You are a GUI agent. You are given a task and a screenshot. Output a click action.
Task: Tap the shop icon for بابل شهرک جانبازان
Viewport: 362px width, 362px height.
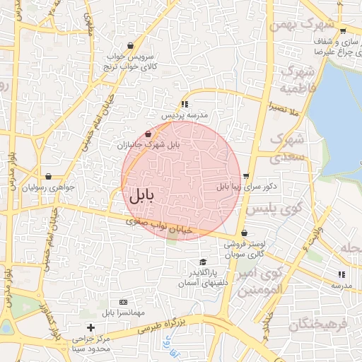(x=148, y=134)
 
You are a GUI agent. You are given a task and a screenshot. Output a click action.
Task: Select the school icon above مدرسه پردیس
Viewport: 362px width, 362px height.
(x=185, y=103)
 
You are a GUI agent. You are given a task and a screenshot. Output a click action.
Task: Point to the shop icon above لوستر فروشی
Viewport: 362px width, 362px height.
(x=244, y=233)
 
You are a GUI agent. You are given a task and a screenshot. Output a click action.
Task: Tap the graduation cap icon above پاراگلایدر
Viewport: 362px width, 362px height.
(x=203, y=262)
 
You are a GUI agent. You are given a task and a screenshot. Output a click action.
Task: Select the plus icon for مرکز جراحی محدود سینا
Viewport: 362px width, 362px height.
(x=90, y=328)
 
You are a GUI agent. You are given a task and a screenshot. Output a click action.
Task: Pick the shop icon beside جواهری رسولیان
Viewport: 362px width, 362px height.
(x=48, y=176)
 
